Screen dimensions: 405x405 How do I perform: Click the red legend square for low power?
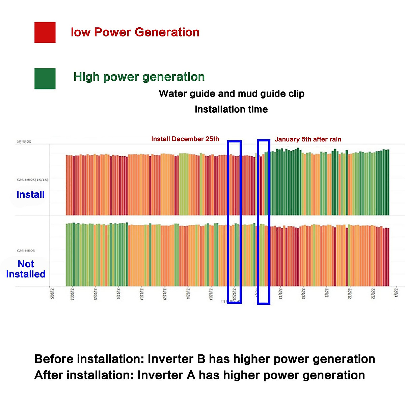[45, 32]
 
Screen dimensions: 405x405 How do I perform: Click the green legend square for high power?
[45, 79]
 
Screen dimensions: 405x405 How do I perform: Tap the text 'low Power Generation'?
[135, 32]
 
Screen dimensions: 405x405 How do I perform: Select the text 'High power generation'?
[139, 77]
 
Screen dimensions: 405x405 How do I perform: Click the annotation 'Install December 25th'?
[185, 139]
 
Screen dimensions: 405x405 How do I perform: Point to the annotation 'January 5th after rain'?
[308, 139]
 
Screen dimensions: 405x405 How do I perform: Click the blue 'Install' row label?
[30, 195]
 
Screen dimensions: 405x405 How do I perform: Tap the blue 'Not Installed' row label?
[26, 269]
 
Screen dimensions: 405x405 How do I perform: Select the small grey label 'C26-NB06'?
[26, 251]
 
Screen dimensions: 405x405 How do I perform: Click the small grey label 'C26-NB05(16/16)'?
[32, 180]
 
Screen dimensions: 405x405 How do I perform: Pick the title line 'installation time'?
[231, 109]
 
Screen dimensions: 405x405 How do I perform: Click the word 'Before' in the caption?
[54, 359]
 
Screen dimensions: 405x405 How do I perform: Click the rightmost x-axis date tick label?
[396, 292]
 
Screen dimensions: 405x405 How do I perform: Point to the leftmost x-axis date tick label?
[52, 293]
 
